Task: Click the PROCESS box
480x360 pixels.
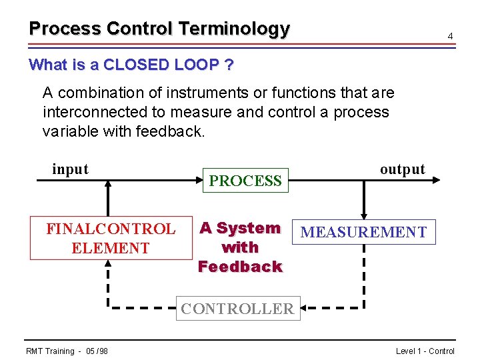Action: (x=245, y=181)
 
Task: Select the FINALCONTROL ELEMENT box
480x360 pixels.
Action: (x=110, y=239)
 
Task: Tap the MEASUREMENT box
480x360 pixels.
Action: (x=363, y=232)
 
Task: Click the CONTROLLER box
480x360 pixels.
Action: (x=237, y=309)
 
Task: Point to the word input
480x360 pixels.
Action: (x=70, y=169)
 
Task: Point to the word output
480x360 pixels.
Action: (x=402, y=169)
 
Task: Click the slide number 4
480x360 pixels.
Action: (x=451, y=35)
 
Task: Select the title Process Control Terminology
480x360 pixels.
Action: (x=159, y=29)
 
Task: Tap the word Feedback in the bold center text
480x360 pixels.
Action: (x=240, y=267)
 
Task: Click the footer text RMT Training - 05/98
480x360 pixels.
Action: (x=67, y=351)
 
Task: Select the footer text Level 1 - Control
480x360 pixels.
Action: (x=425, y=351)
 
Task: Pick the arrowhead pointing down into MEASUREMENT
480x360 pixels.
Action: (x=363, y=215)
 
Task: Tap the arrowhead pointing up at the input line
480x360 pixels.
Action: (x=107, y=185)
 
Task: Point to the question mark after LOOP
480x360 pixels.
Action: (x=229, y=65)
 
